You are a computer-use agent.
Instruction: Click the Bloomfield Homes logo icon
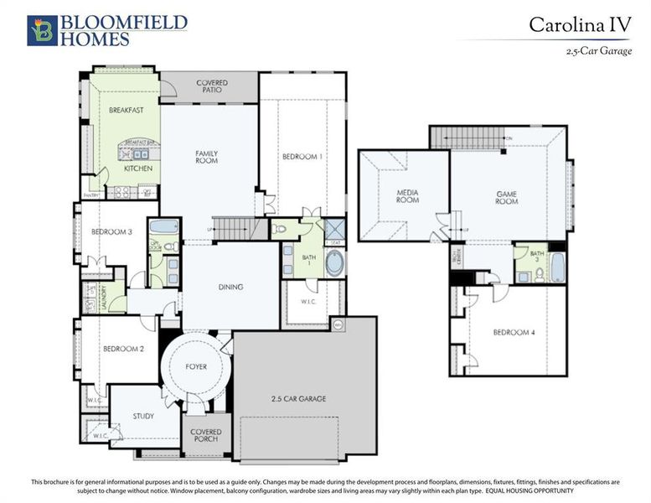click(41, 30)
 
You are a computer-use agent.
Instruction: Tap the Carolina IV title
click(579, 24)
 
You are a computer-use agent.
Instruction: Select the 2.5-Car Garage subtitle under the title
click(598, 52)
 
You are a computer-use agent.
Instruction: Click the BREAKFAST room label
click(127, 110)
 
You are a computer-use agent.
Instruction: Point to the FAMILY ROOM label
click(207, 157)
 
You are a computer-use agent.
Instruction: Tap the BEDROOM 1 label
click(302, 157)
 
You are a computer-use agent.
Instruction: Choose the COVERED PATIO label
click(212, 87)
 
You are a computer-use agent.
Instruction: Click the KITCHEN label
click(137, 169)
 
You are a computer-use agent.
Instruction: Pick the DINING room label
click(230, 287)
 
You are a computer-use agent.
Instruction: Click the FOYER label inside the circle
click(195, 366)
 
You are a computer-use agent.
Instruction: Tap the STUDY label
click(143, 416)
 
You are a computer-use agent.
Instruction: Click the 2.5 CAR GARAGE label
click(298, 398)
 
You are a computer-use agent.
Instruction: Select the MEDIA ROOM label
click(407, 196)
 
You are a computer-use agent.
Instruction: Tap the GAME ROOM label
click(506, 198)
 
